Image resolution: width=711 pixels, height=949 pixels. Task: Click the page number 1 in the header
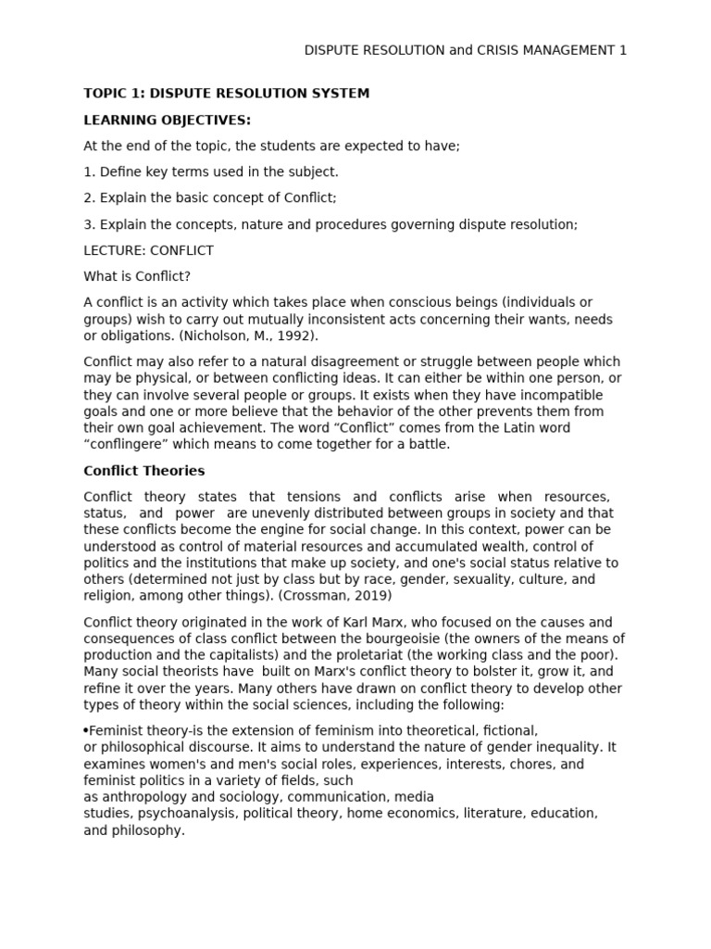point(622,50)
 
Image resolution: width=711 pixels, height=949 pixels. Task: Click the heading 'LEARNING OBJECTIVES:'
point(167,120)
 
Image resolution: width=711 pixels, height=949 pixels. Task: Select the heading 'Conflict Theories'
point(144,471)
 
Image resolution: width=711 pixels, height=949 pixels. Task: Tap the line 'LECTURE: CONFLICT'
point(148,250)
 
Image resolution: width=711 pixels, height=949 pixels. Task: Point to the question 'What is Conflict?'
point(137,276)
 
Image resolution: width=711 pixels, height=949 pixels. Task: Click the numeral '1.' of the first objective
point(89,171)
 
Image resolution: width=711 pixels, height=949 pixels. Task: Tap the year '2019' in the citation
point(373,595)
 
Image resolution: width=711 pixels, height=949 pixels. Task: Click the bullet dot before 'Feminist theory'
point(85,730)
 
